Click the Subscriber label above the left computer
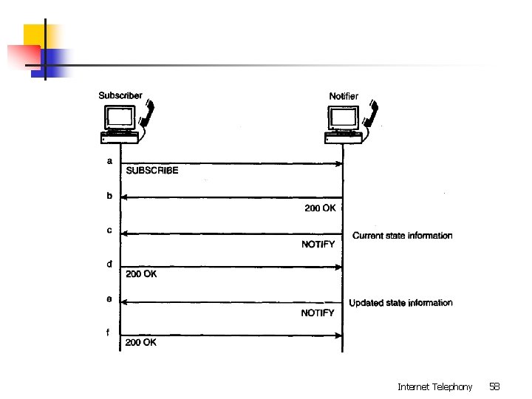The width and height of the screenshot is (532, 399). tap(120, 95)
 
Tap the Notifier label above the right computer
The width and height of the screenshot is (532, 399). tap(344, 96)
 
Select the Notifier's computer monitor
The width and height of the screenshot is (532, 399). tap(344, 117)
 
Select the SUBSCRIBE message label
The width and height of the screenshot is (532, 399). tap(152, 170)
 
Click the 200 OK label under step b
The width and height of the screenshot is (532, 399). tap(320, 208)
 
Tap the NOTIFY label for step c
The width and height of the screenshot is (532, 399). tap(318, 245)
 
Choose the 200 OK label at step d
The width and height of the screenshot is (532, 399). tap(140, 274)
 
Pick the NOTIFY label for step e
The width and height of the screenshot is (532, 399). tap(318, 313)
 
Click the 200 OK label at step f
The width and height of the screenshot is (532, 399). tap(140, 342)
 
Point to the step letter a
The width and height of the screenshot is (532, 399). tap(109, 160)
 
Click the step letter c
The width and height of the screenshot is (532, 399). tap(109, 231)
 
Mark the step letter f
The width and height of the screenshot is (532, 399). tap(109, 332)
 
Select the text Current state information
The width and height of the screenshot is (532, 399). tap(402, 236)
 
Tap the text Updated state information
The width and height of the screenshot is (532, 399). tap(400, 303)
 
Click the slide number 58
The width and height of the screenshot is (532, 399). tap(494, 386)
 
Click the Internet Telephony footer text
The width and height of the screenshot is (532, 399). tap(434, 386)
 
